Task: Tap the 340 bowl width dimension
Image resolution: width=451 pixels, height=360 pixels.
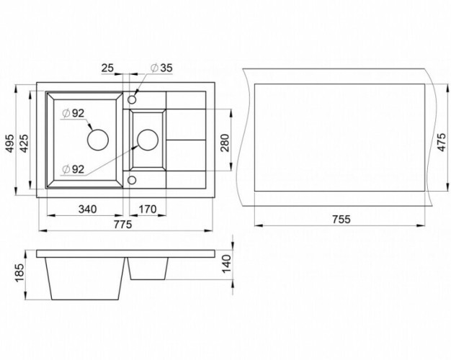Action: [x=86, y=210]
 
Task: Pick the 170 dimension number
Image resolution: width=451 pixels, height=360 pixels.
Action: [x=147, y=210]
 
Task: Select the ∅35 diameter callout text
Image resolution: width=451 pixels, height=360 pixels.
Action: [x=160, y=68]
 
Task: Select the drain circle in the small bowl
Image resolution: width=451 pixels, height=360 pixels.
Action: [x=147, y=137]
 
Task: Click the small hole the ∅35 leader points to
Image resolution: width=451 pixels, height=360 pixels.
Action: [x=133, y=99]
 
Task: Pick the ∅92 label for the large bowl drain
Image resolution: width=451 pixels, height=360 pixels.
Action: [x=73, y=112]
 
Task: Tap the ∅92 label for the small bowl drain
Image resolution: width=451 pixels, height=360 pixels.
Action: [x=74, y=168]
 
